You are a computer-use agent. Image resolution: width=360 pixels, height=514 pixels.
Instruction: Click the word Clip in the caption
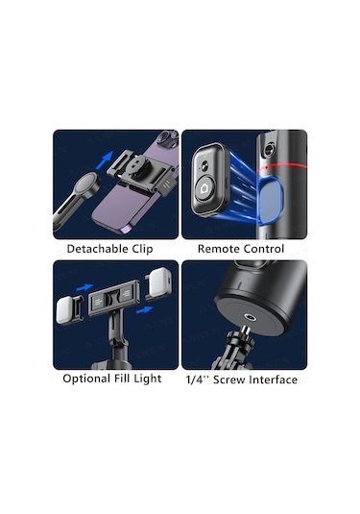point(150,249)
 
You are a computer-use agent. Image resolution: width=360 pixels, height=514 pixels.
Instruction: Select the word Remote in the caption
point(220,249)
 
